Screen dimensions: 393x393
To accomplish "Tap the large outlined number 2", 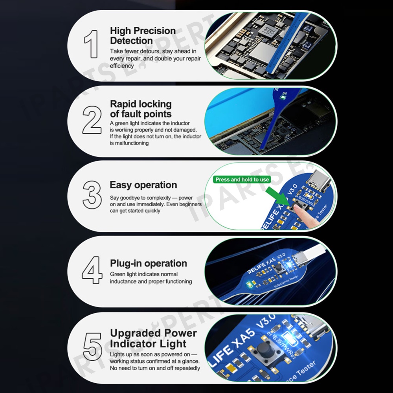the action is [x=92, y=120].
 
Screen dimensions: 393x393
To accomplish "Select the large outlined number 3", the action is [x=92, y=195].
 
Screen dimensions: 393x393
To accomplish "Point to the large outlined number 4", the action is [x=92, y=270].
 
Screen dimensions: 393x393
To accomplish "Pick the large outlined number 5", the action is [x=92, y=347].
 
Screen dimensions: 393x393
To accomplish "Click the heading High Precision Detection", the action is [x=143, y=36].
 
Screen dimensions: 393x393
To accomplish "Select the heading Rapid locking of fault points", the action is [x=141, y=109].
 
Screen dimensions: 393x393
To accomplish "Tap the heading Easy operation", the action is [x=143, y=185].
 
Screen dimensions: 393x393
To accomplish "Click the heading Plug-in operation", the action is [x=149, y=263].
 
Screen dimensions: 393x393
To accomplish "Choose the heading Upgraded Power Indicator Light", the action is [x=153, y=338].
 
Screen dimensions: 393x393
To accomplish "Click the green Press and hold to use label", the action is [x=242, y=180].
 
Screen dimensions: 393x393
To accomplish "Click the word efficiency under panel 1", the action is [x=122, y=66].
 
